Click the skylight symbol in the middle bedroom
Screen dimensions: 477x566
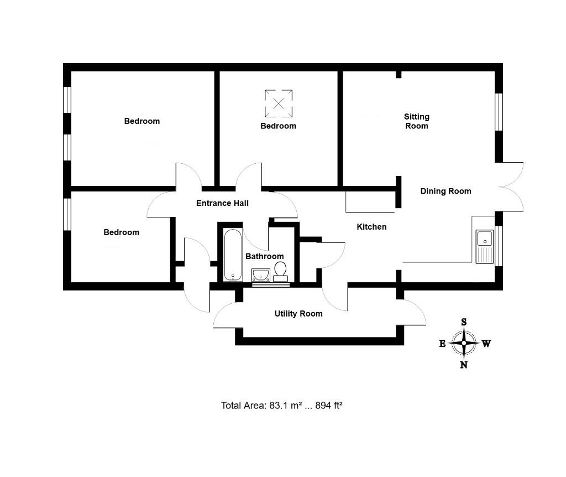tap(279, 103)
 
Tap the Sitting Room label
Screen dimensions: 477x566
tap(417, 121)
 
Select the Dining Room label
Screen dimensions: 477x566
tap(446, 191)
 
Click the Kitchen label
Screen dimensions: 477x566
tap(371, 227)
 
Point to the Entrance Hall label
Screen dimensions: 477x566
tap(222, 203)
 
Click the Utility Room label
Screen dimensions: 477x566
tap(298, 314)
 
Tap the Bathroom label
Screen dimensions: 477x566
tap(264, 256)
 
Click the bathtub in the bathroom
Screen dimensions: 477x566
tap(232, 255)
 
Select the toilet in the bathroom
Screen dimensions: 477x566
tap(280, 271)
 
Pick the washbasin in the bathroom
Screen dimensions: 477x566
tap(260, 275)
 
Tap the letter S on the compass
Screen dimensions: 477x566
tap(464, 322)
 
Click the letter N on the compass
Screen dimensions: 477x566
tap(464, 365)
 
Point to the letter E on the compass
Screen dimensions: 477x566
tap(442, 344)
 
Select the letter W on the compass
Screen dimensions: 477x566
tap(486, 344)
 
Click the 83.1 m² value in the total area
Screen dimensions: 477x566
tap(285, 406)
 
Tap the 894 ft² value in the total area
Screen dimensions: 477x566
tap(329, 406)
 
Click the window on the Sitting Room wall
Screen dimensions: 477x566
tap(499, 112)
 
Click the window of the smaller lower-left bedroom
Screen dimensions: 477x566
tap(67, 214)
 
